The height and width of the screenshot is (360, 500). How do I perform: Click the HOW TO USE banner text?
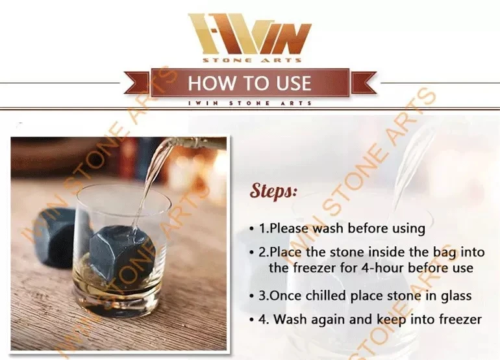click(x=249, y=83)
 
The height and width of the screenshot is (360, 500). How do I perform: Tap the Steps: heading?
click(x=273, y=191)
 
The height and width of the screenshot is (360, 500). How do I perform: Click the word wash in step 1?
click(x=328, y=229)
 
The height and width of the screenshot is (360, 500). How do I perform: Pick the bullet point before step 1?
click(x=252, y=229)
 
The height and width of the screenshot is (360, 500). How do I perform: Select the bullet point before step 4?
click(x=252, y=320)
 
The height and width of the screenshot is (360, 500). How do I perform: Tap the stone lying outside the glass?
click(x=54, y=236)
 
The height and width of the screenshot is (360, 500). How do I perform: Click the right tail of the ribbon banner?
click(x=363, y=83)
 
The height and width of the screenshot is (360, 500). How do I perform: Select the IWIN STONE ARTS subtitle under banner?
click(x=250, y=103)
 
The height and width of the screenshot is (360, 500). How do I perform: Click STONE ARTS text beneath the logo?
click(x=252, y=60)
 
